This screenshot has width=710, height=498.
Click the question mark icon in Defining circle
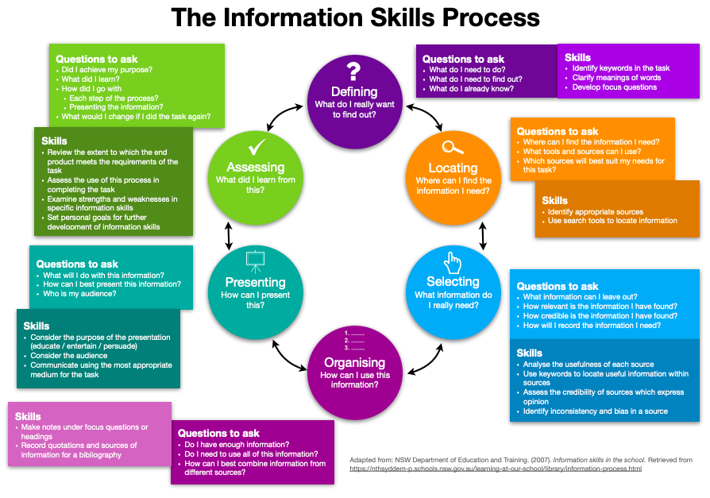[x=354, y=70]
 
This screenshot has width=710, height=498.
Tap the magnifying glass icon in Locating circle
[x=453, y=147]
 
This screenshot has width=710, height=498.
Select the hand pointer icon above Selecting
[x=453, y=261]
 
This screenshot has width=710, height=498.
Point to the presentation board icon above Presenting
[x=255, y=260]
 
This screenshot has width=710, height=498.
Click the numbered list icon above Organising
[x=354, y=340]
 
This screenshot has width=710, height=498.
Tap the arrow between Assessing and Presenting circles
[x=229, y=235]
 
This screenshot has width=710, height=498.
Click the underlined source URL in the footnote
[x=496, y=469]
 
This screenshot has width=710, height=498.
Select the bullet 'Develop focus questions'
[x=615, y=87]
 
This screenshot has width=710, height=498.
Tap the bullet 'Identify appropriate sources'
[x=596, y=212]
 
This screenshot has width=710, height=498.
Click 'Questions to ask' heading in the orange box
[x=557, y=131]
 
